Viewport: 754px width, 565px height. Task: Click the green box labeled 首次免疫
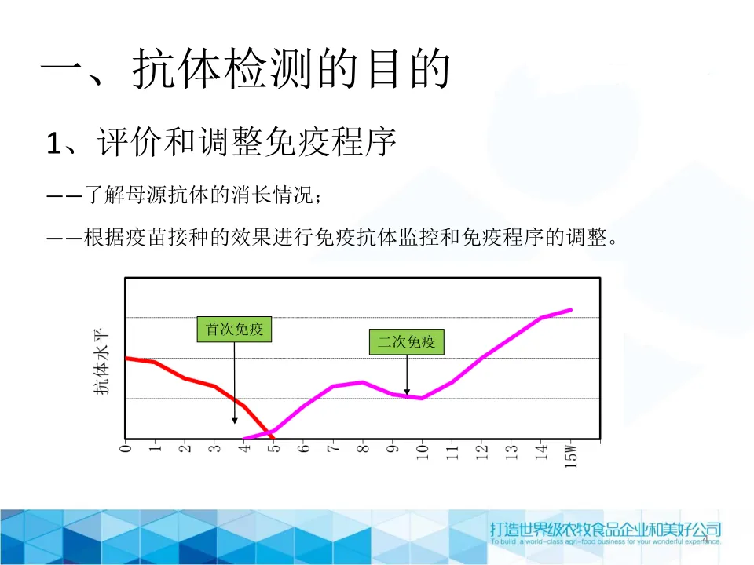(234, 329)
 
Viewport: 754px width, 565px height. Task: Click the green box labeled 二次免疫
(406, 342)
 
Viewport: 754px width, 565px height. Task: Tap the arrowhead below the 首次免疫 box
(235, 421)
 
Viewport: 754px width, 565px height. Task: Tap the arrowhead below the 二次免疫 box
(407, 392)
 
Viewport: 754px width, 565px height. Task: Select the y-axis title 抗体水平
(101, 361)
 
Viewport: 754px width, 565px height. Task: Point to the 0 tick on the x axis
(126, 448)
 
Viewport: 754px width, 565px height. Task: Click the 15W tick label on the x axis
(570, 456)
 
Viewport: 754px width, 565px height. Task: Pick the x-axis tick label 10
(423, 452)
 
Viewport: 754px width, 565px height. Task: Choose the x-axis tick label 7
(333, 448)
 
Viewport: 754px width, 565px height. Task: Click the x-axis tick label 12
(481, 452)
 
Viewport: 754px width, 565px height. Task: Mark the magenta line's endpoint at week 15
(571, 310)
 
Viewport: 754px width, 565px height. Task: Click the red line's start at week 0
(126, 359)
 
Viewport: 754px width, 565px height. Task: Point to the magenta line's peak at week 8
(363, 382)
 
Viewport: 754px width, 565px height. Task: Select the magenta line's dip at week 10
(422, 399)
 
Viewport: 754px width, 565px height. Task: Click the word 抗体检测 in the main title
(221, 69)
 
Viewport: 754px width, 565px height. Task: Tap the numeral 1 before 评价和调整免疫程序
(53, 143)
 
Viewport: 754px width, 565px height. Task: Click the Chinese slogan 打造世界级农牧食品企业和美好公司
(606, 529)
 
